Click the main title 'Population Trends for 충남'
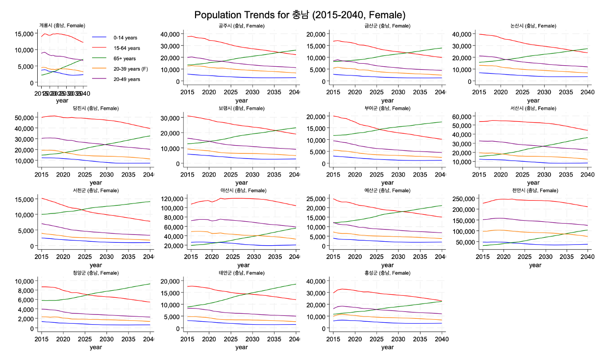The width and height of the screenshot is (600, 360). tap(300, 15)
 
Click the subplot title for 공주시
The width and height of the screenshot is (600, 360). tap(242, 26)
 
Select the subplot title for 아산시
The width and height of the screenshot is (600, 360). tap(242, 190)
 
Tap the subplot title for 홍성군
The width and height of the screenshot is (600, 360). tap(387, 273)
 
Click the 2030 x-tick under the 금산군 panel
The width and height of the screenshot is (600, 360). tap(398, 92)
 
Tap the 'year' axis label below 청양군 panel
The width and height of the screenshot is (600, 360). tap(96, 348)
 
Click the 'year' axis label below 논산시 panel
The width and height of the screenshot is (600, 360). tap(533, 101)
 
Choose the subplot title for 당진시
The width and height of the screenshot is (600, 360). tap(96, 108)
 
